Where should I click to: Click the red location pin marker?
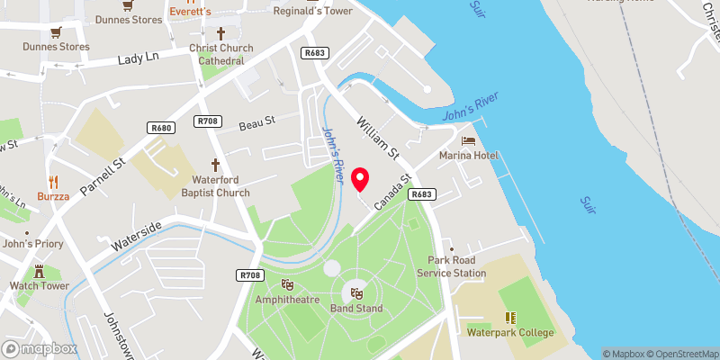click(x=361, y=178)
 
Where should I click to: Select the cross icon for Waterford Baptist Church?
click(x=215, y=165)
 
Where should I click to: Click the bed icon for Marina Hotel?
click(x=468, y=140)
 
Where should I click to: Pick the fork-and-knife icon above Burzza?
click(x=53, y=180)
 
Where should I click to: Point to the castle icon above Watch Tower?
click(x=40, y=271)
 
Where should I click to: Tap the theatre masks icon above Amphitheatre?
click(x=287, y=284)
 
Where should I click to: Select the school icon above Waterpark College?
click(x=510, y=318)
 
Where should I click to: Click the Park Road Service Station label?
click(x=456, y=266)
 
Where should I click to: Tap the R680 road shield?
click(x=162, y=129)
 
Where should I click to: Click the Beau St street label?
click(x=256, y=122)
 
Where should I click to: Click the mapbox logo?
click(x=40, y=348)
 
